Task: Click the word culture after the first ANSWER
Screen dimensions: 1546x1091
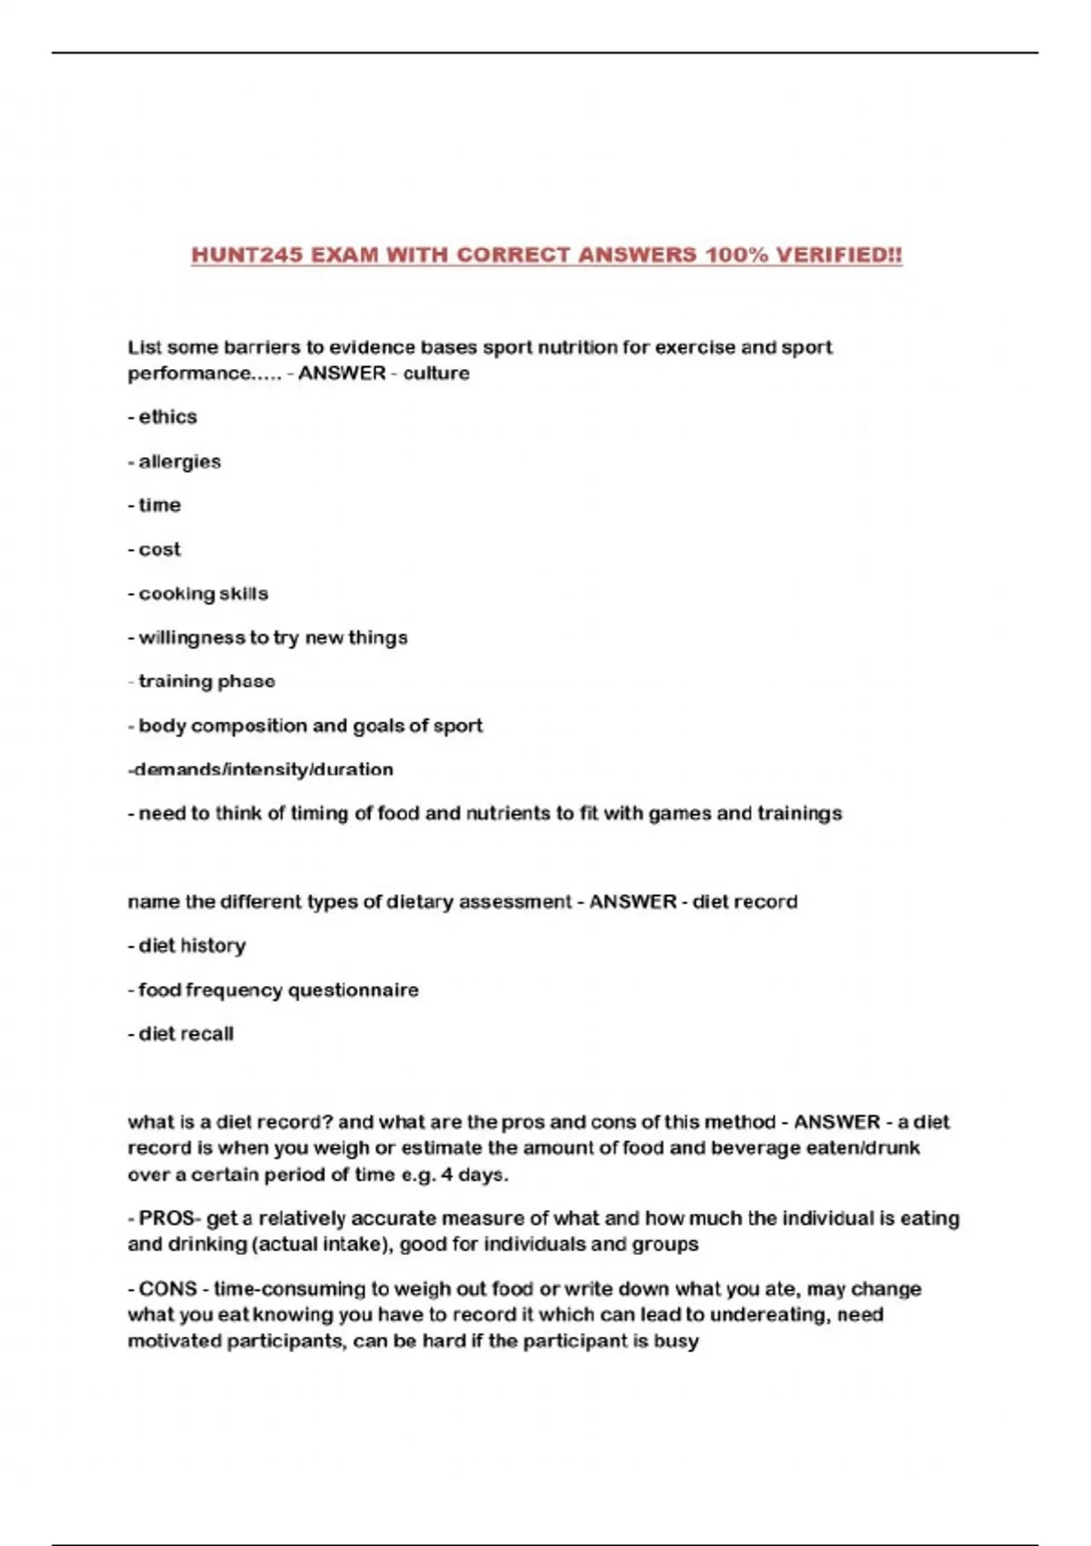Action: point(436,373)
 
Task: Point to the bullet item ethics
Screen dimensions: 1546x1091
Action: point(167,417)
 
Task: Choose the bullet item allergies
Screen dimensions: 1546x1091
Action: point(179,461)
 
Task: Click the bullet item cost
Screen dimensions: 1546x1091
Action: point(159,549)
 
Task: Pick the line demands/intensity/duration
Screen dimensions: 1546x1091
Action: point(261,769)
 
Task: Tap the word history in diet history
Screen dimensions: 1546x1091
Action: point(212,946)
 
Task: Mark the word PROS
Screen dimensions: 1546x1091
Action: point(165,1218)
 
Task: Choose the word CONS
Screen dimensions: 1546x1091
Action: point(167,1289)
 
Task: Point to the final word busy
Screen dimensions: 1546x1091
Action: point(676,1340)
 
